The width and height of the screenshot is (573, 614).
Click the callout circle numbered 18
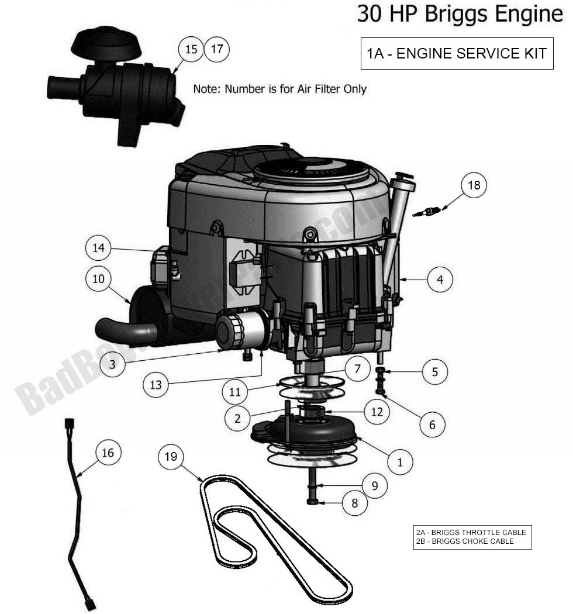pyautogui.click(x=474, y=185)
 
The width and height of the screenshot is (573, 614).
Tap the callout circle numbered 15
pyautogui.click(x=191, y=49)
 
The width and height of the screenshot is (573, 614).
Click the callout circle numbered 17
pyautogui.click(x=217, y=49)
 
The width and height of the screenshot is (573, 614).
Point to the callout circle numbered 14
pyautogui.click(x=98, y=248)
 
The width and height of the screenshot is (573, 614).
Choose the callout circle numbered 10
pyautogui.click(x=98, y=279)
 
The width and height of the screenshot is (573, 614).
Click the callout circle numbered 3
pyautogui.click(x=112, y=365)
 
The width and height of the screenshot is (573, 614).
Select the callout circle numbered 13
pyautogui.click(x=156, y=385)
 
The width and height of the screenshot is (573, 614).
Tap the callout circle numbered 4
pyautogui.click(x=439, y=280)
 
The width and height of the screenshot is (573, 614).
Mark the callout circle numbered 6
pyautogui.click(x=432, y=425)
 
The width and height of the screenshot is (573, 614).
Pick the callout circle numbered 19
pyautogui.click(x=171, y=457)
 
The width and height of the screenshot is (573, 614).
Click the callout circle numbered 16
pyautogui.click(x=108, y=453)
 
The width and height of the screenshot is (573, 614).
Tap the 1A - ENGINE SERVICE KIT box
pyautogui.click(x=457, y=53)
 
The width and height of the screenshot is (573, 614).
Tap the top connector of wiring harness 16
pyautogui.click(x=69, y=423)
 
